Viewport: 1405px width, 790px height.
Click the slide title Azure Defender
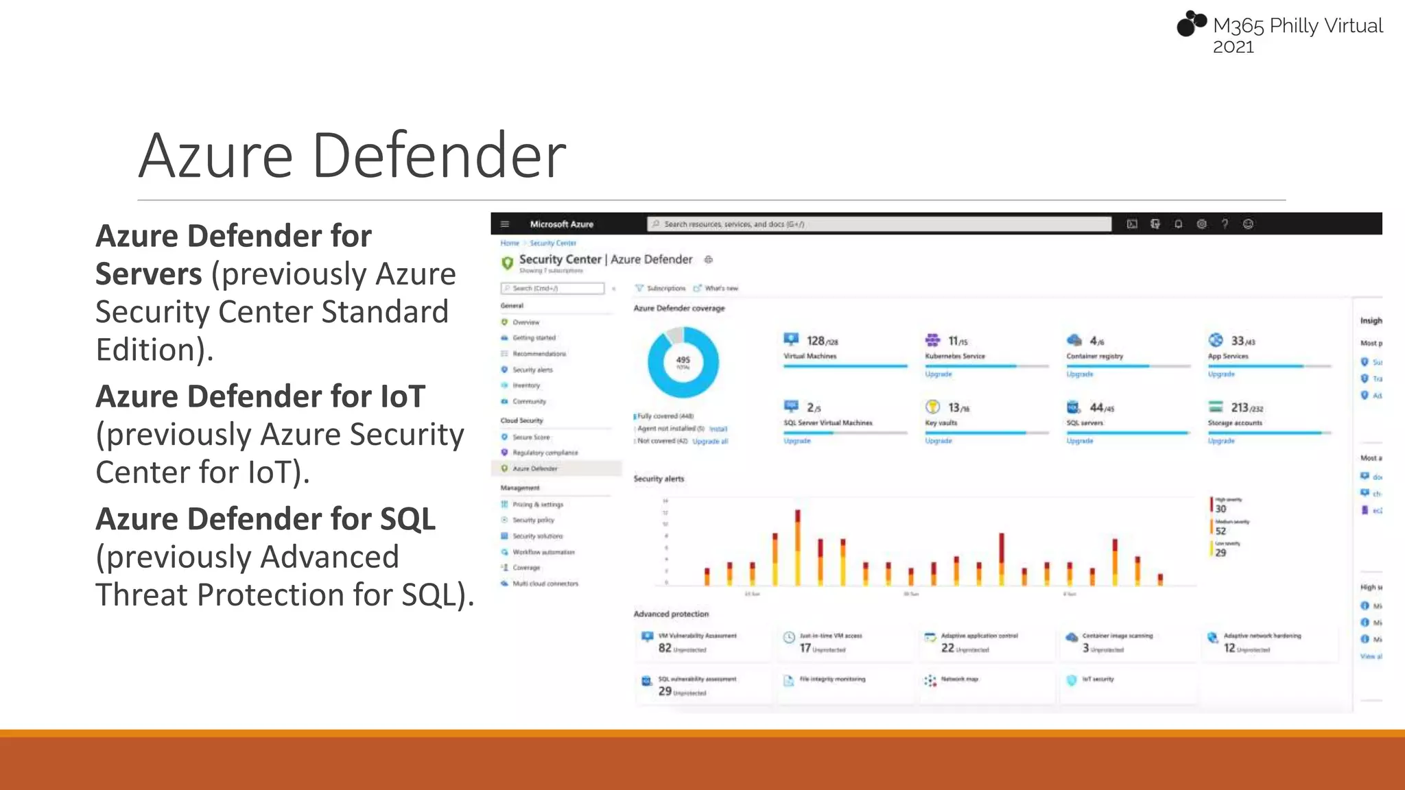[352, 156]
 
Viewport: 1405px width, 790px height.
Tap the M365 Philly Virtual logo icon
[1191, 23]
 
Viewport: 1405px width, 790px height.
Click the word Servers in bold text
[148, 274]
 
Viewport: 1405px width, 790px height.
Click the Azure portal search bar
[879, 224]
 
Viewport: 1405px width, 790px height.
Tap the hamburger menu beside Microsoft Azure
[505, 224]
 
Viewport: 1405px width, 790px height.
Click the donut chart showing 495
[683, 362]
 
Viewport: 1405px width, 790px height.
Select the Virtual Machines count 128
[816, 341]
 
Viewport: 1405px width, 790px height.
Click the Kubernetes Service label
[954, 357]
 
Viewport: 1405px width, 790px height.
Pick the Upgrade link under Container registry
[1079, 374]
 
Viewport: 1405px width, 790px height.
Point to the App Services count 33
[1238, 341]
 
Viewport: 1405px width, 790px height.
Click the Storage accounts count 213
[1240, 407]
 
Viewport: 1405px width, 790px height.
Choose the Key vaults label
[941, 423]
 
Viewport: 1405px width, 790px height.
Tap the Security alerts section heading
[659, 479]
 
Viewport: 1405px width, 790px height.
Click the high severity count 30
[1220, 509]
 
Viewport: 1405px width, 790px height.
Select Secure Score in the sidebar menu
[531, 437]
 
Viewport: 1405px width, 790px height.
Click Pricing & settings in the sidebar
[538, 504]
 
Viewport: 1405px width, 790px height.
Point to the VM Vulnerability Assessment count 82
[665, 648]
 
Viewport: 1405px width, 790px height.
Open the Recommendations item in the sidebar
[539, 354]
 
